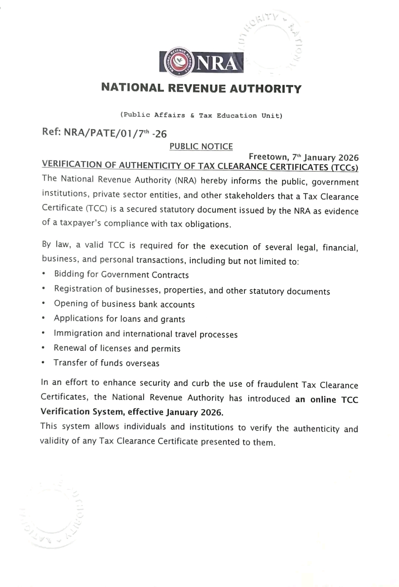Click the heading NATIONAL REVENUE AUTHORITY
pyautogui.click(x=201, y=88)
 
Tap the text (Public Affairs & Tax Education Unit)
pyautogui.click(x=201, y=115)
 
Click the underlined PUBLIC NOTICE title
pyautogui.click(x=201, y=147)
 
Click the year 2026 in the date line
pyautogui.click(x=348, y=158)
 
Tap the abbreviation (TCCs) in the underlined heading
pyautogui.click(x=345, y=168)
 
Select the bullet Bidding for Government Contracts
pyautogui.click(x=121, y=275)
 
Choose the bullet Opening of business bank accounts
pyautogui.click(x=124, y=304)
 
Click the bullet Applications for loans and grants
pyautogui.click(x=119, y=319)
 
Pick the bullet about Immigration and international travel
pyautogui.click(x=146, y=334)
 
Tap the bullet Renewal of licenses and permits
pyautogui.click(x=117, y=348)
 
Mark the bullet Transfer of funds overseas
pyautogui.click(x=106, y=363)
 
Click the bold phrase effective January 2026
pyautogui.click(x=175, y=412)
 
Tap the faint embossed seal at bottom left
pyautogui.click(x=52, y=515)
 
